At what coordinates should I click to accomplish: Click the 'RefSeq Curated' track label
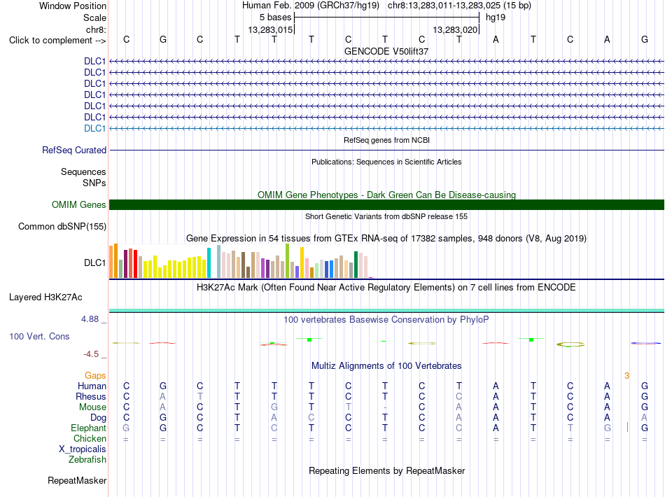(74, 150)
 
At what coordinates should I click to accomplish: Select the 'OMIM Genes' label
(79, 205)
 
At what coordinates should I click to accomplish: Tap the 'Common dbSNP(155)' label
(62, 226)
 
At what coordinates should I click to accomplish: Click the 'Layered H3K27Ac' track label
(45, 297)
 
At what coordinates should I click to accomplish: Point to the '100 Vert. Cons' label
(39, 336)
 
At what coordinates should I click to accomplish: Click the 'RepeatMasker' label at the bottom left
(77, 480)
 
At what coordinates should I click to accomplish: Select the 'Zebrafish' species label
(87, 460)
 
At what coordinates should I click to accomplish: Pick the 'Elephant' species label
(89, 428)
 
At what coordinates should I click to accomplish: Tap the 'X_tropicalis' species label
(83, 449)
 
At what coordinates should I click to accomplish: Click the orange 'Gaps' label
(95, 376)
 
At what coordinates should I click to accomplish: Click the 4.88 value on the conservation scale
(90, 319)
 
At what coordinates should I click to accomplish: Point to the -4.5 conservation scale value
(91, 354)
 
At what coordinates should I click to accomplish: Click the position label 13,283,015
(271, 29)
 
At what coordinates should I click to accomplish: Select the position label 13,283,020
(455, 29)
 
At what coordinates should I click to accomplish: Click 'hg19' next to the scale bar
(496, 17)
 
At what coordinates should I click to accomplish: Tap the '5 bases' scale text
(276, 17)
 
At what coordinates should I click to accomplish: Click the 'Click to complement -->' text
(57, 41)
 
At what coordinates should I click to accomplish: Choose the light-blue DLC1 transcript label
(95, 129)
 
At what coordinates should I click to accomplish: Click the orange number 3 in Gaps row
(626, 376)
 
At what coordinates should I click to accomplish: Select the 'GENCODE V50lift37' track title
(386, 51)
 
